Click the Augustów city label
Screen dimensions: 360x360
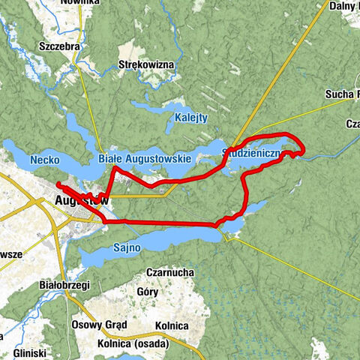83,201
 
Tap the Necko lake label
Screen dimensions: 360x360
45,160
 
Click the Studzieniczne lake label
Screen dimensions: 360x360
252,154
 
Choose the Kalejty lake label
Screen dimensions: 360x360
191,118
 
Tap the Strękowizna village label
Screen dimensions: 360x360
147,65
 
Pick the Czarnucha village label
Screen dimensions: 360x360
171,274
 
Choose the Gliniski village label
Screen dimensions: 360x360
30,352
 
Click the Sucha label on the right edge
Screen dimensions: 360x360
342,94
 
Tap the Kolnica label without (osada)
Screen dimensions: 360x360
170,326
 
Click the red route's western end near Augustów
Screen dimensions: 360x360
58,183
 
